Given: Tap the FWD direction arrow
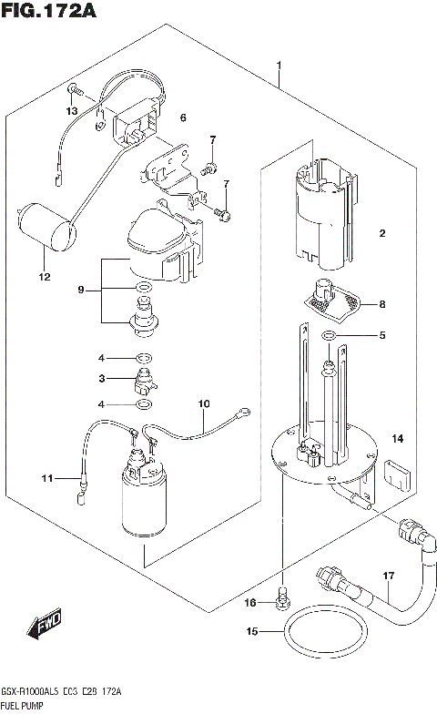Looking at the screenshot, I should tap(43, 626).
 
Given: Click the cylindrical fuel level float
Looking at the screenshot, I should tap(46, 226).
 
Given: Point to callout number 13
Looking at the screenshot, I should tap(72, 110).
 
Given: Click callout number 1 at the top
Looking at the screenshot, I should tap(279, 66).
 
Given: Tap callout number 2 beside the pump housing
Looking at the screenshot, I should tap(383, 234).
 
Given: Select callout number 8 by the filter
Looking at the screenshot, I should tap(382, 304).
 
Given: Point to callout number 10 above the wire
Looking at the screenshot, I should tap(203, 403).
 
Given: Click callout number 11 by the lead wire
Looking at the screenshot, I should tap(46, 477).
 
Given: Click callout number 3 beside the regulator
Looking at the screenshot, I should tap(103, 379).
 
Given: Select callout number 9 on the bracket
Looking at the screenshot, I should tap(81, 290).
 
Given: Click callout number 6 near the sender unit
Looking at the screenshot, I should tap(182, 117).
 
